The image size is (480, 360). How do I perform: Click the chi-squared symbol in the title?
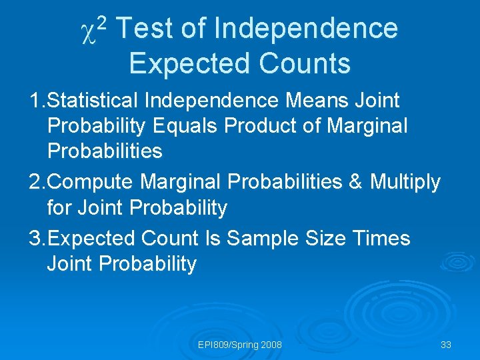[92, 31]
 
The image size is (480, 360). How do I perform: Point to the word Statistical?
[94, 101]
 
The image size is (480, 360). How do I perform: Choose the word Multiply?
[406, 182]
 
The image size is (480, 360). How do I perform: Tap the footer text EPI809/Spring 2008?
[240, 345]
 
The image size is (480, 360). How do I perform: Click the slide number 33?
[446, 345]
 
